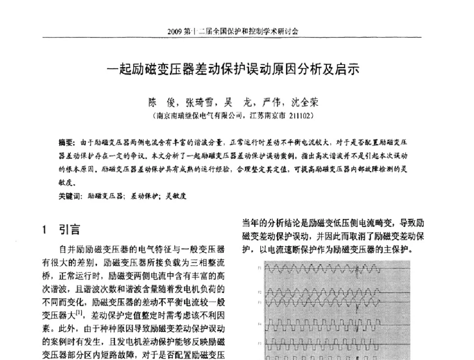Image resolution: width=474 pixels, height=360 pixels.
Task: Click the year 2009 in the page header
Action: tap(175, 32)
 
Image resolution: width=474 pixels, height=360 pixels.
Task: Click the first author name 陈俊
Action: tap(161, 102)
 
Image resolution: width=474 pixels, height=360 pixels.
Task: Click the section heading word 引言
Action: tap(69, 231)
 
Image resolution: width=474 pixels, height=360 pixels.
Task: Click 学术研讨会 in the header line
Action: tap(283, 32)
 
